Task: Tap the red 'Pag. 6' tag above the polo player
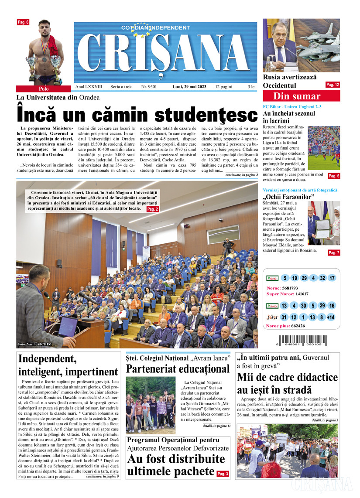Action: click(x=23, y=22)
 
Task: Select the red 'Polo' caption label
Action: click(x=44, y=89)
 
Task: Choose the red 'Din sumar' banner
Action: click(x=296, y=96)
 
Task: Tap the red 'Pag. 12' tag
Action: click(x=333, y=85)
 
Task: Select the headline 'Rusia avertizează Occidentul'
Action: click(x=289, y=81)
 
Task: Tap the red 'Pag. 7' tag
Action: click(x=333, y=253)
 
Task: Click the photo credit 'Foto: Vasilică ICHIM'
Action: click(x=35, y=344)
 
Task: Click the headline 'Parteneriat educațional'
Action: click(x=178, y=369)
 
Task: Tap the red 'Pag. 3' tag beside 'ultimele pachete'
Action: click(x=223, y=474)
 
